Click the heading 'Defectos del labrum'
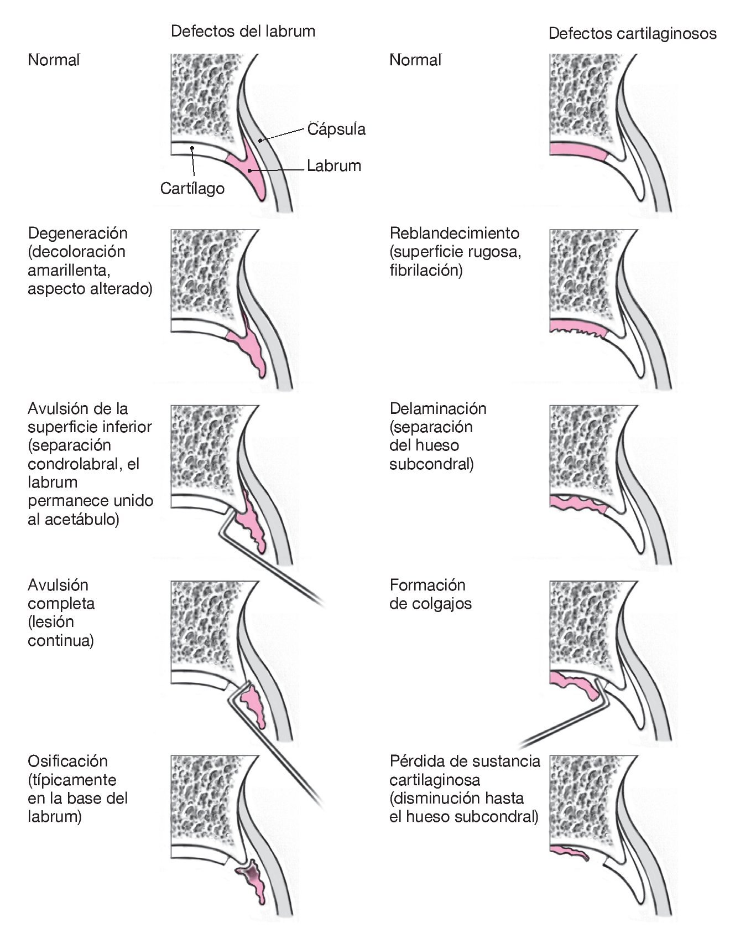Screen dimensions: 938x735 [x=243, y=31]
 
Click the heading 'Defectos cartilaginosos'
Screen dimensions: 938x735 [x=632, y=34]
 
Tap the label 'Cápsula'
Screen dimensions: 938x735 [x=336, y=129]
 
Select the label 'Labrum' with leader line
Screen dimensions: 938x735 [x=334, y=165]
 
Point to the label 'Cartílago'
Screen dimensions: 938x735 [x=192, y=189]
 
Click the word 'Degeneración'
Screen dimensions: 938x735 [x=77, y=233]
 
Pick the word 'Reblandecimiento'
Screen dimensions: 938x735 [x=454, y=233]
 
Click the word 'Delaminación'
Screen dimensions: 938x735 [x=438, y=408]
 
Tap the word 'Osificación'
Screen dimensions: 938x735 [x=67, y=761]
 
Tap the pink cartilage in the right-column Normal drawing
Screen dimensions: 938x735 [x=578, y=150]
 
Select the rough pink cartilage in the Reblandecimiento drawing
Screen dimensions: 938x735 [x=578, y=328]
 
